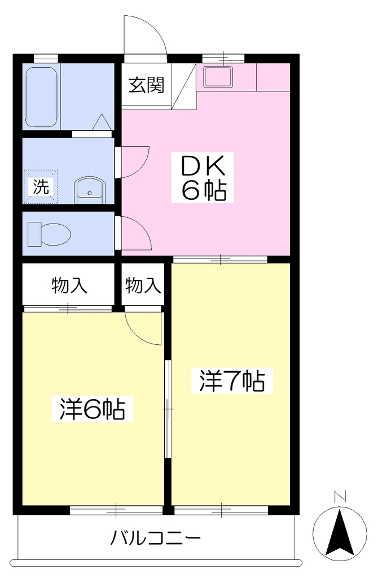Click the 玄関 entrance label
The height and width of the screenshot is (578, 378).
(146, 86)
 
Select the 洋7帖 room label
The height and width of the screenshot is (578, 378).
(232, 380)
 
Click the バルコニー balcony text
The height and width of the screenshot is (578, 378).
(156, 538)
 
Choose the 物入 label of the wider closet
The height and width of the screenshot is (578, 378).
(69, 286)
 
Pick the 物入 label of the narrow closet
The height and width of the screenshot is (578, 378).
(143, 286)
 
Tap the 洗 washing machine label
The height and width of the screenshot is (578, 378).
(41, 186)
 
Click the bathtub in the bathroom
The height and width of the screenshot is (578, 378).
(41, 97)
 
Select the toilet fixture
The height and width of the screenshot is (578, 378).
(50, 233)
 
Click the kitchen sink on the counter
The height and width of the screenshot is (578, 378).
(218, 77)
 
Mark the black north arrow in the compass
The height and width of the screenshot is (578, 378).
(340, 532)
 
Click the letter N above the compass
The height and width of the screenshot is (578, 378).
(340, 497)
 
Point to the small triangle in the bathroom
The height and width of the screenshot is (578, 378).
(102, 122)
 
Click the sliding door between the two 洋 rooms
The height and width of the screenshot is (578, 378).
(168, 409)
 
